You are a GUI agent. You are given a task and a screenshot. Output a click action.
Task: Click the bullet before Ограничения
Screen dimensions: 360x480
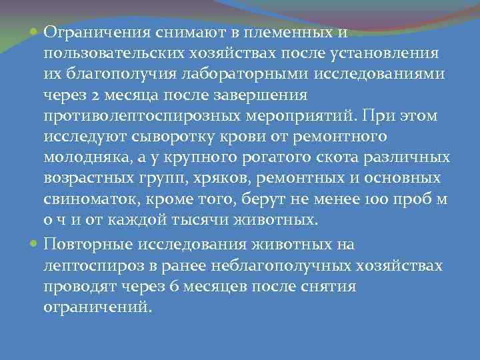click(x=35, y=31)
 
